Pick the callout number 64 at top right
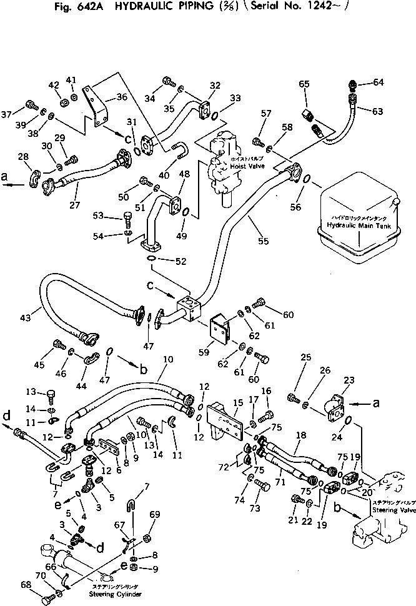[x=379, y=82]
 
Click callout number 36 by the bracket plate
[x=121, y=97]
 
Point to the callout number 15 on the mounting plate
[x=238, y=404]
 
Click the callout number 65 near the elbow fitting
[x=304, y=84]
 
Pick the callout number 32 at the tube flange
[x=215, y=85]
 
